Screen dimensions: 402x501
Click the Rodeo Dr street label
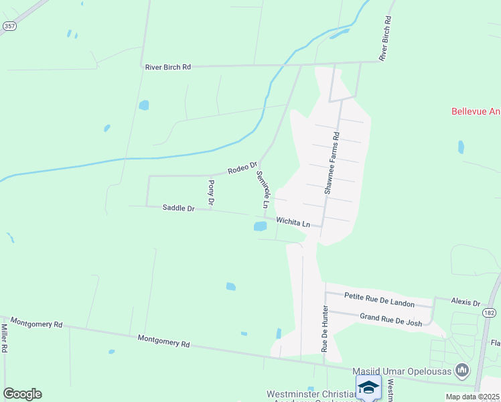click(x=242, y=167)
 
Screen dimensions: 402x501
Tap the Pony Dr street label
click(x=211, y=192)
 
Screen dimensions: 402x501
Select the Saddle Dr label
click(x=178, y=208)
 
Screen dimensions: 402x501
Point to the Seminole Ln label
click(x=262, y=188)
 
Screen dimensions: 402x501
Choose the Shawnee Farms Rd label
click(x=332, y=163)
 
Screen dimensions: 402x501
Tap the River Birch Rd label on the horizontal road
click(x=168, y=67)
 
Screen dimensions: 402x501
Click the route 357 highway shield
click(x=9, y=26)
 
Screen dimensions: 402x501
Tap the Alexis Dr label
click(x=466, y=303)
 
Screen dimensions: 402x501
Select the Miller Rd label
click(x=4, y=339)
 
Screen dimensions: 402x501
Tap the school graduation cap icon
click(x=368, y=387)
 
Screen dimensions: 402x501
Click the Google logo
click(x=22, y=394)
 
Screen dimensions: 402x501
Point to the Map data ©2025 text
click(x=473, y=397)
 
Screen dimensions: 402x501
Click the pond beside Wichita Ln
click(x=260, y=226)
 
